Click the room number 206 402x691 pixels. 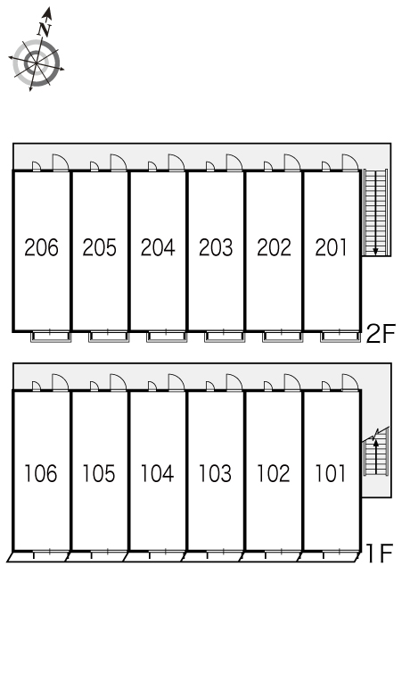pyautogui.click(x=41, y=247)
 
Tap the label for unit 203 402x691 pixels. pyautogui.click(x=216, y=247)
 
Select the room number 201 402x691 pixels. pyautogui.click(x=332, y=247)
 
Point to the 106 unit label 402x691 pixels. pyautogui.click(x=40, y=473)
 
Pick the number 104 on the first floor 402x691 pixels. pyautogui.click(x=157, y=473)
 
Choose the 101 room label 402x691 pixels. pyautogui.click(x=331, y=473)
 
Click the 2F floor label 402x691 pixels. pyautogui.click(x=381, y=333)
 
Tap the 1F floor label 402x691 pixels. pyautogui.click(x=379, y=554)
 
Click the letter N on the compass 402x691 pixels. pyautogui.click(x=45, y=29)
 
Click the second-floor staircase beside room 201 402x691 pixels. pyautogui.click(x=375, y=212)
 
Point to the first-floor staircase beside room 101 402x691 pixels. pyautogui.click(x=375, y=454)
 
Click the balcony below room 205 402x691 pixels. pyautogui.click(x=109, y=337)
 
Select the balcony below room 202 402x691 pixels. pyautogui.click(x=283, y=337)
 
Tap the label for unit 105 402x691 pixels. pyautogui.click(x=99, y=473)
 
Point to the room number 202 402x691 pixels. pyautogui.click(x=274, y=247)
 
